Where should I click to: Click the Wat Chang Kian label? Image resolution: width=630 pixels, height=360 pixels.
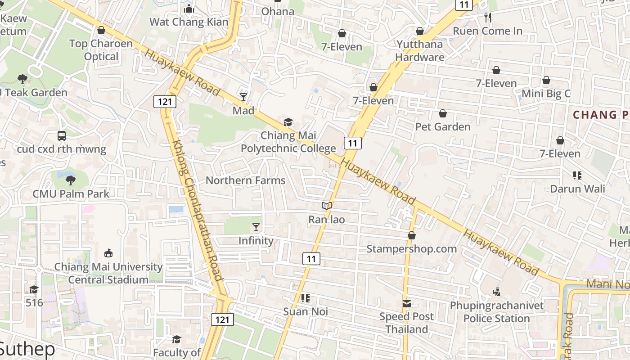(189, 22)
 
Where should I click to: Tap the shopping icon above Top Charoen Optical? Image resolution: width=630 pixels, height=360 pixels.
(101, 30)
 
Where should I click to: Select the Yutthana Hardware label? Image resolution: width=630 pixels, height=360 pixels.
(420, 51)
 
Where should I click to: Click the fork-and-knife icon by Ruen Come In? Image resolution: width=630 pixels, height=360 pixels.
(488, 18)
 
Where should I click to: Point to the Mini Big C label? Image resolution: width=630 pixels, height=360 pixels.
(546, 94)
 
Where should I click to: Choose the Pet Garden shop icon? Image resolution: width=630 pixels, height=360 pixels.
(443, 113)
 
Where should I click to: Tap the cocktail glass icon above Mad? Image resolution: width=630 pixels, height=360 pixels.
(243, 97)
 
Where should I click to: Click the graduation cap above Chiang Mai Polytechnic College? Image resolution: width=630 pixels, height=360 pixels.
(288, 122)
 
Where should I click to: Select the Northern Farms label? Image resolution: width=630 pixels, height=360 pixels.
(245, 180)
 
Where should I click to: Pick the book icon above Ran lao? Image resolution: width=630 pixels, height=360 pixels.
(327, 206)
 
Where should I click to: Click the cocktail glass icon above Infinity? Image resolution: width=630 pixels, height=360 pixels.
(256, 227)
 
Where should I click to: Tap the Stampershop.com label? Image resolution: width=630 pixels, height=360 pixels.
(411, 249)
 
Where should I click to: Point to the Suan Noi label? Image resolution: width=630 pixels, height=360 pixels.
(306, 311)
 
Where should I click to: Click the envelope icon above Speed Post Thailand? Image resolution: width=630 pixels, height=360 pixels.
(407, 303)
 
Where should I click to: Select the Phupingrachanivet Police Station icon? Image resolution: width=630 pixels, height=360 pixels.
(496, 292)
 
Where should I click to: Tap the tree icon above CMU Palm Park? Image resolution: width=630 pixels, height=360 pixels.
(70, 180)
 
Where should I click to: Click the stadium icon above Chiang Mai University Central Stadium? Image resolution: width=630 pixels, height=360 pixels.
(108, 253)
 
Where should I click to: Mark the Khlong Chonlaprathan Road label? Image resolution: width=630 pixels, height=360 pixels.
(196, 210)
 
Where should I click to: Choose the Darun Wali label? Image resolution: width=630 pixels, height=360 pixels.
(578, 189)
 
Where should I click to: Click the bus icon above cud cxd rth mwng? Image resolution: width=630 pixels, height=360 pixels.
(62, 135)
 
